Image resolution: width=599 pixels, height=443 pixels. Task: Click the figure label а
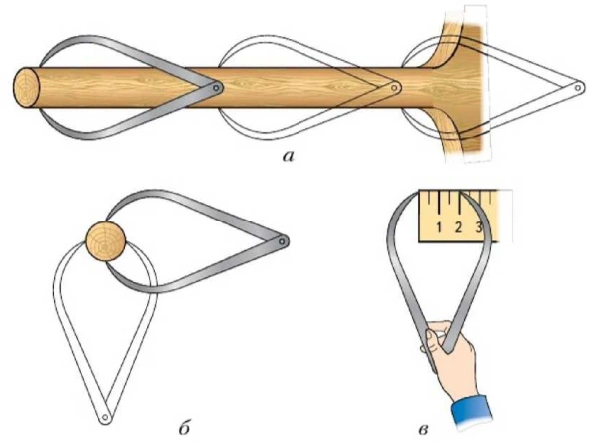tap(289, 156)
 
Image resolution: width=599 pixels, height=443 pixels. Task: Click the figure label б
tap(184, 428)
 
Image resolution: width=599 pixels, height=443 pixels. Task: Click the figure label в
tap(423, 430)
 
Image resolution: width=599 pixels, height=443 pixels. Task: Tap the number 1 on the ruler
tap(439, 227)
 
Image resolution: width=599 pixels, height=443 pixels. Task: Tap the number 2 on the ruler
tap(459, 227)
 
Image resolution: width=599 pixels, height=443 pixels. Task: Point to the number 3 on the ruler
tap(479, 227)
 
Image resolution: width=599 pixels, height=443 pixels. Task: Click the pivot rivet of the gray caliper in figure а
tap(217, 88)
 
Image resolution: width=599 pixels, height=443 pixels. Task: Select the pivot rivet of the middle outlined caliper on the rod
tap(395, 88)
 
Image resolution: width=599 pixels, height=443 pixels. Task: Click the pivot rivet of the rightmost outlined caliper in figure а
tap(578, 88)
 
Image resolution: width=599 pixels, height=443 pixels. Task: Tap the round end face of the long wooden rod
tap(26, 88)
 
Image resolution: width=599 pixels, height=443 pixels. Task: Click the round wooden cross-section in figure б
tap(105, 241)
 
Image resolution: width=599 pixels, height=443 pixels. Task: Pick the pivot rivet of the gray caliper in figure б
tap(282, 241)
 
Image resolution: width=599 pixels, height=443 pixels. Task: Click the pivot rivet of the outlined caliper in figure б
tap(104, 417)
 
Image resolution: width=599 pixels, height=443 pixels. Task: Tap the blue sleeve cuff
tap(471, 413)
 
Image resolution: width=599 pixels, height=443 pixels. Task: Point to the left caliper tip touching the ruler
tap(417, 193)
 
